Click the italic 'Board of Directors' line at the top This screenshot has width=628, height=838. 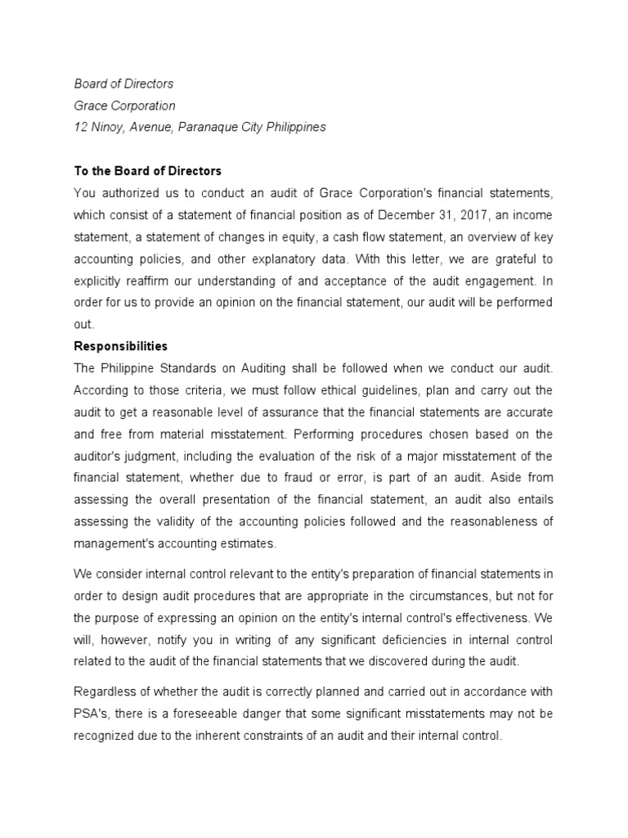pyautogui.click(x=123, y=84)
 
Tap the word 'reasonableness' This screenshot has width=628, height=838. pyautogui.click(x=492, y=522)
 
